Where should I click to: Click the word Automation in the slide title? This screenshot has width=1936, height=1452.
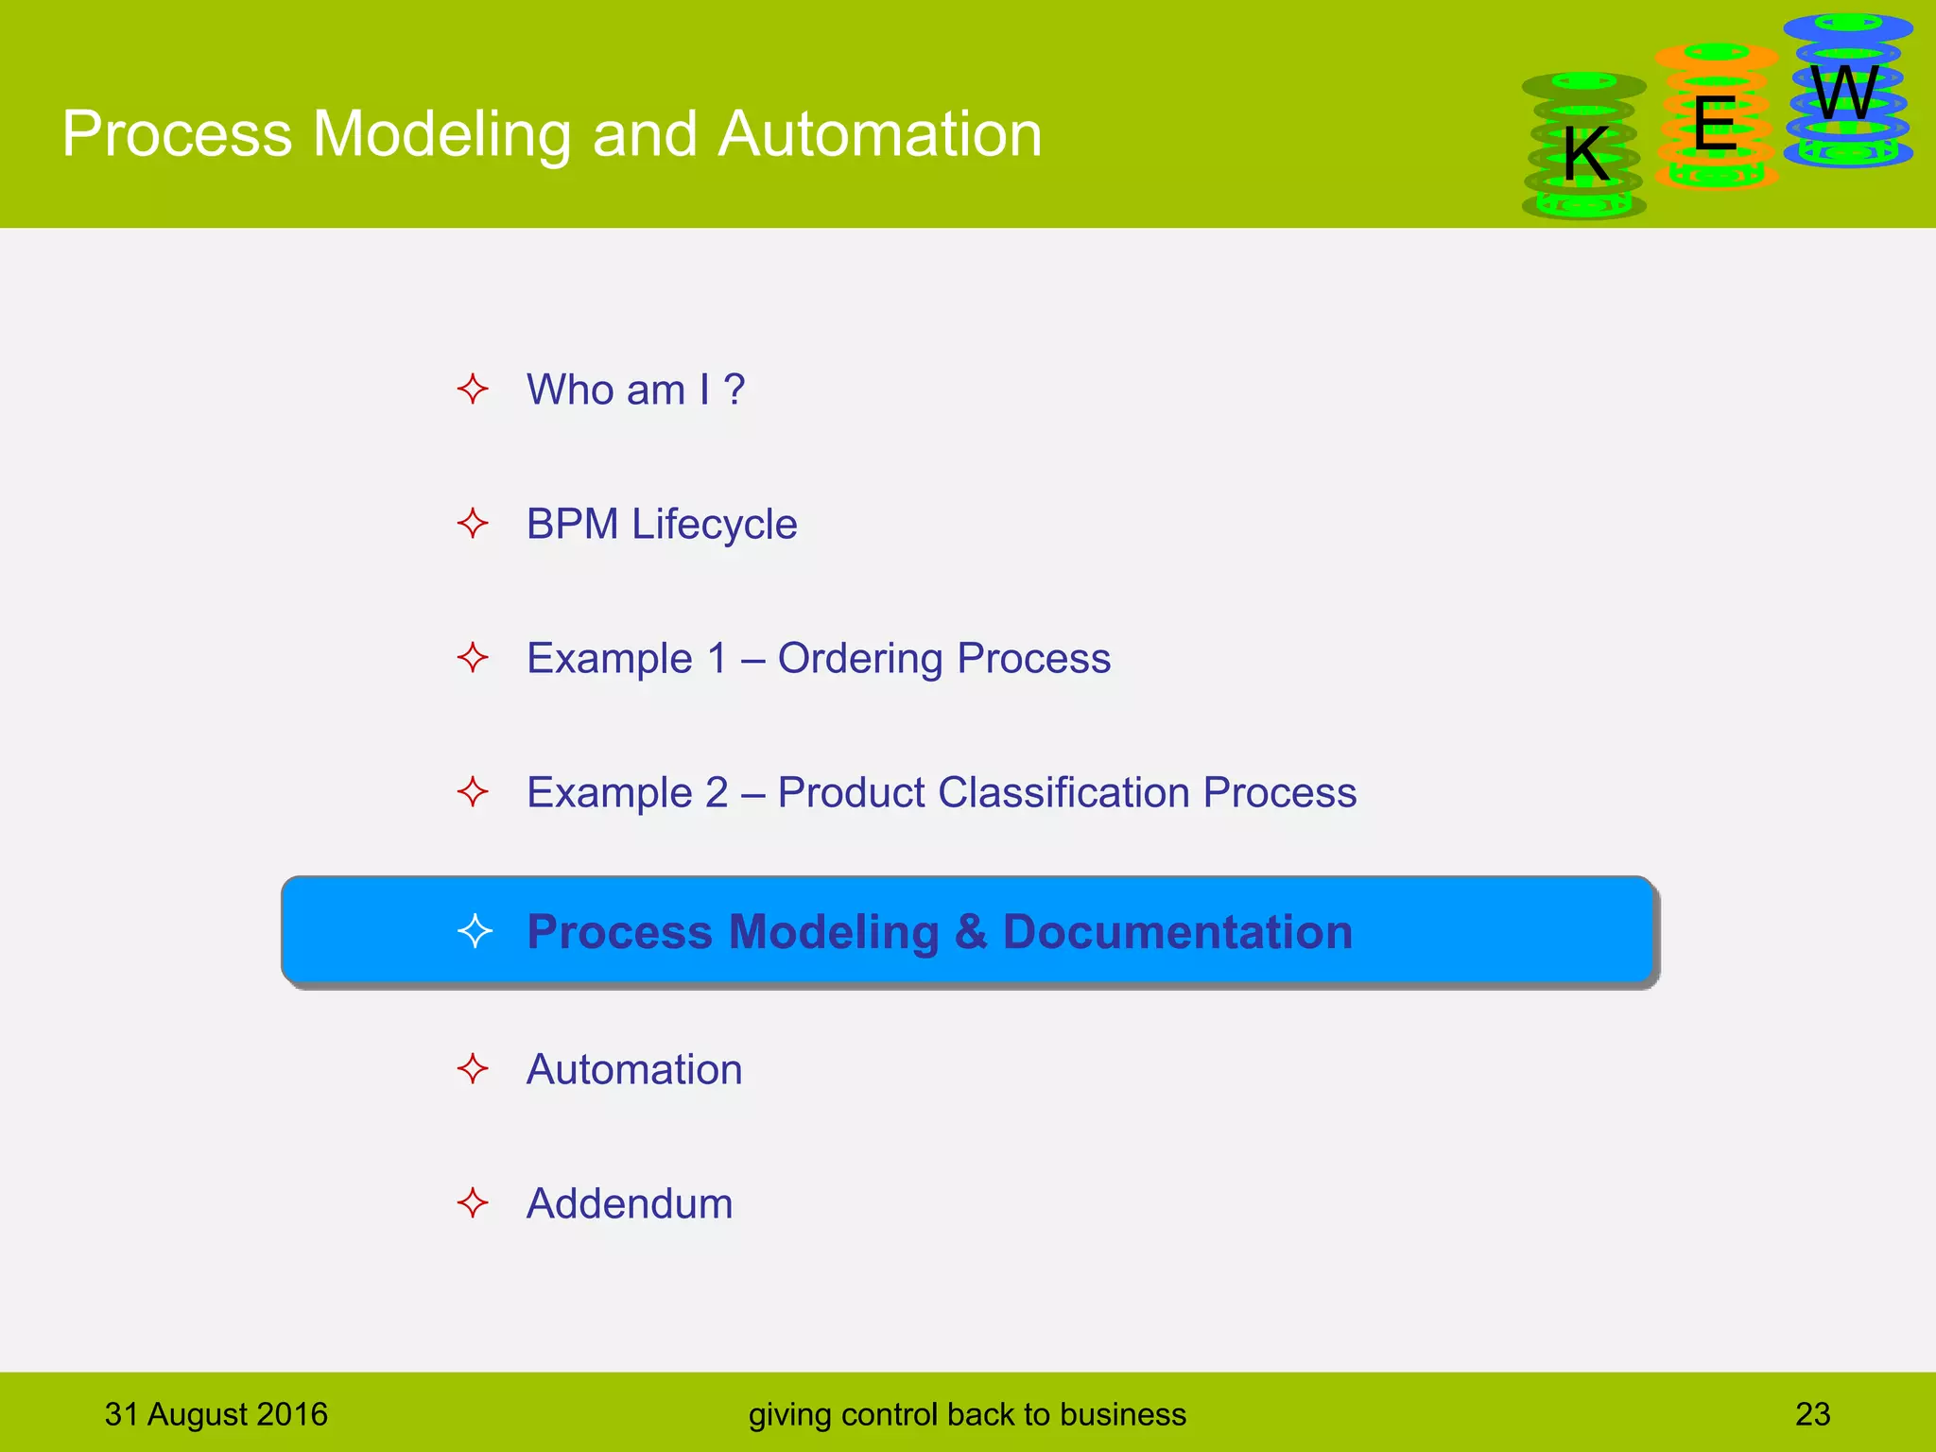point(879,133)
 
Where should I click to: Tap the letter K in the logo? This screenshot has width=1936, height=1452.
point(1585,154)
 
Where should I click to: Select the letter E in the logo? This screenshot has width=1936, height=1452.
point(1714,124)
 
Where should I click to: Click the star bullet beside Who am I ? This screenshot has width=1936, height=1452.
point(473,389)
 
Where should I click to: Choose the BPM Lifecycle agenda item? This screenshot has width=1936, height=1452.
point(661,524)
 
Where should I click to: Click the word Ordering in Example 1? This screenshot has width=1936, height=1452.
point(859,658)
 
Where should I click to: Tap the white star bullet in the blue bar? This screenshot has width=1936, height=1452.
point(475,931)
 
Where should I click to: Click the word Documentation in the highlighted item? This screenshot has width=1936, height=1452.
point(1177,931)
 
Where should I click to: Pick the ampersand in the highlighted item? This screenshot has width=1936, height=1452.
point(970,931)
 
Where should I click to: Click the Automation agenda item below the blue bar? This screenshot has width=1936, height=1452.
point(633,1069)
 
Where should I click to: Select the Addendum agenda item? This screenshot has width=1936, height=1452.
point(629,1203)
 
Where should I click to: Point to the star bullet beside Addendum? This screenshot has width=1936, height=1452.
point(473,1203)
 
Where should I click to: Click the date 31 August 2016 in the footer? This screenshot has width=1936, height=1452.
point(216,1414)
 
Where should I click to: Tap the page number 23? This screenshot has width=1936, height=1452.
point(1812,1414)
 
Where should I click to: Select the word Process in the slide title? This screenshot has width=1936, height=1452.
point(177,133)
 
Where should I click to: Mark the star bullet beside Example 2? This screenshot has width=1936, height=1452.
point(473,792)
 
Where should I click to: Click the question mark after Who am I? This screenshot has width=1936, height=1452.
point(734,389)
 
